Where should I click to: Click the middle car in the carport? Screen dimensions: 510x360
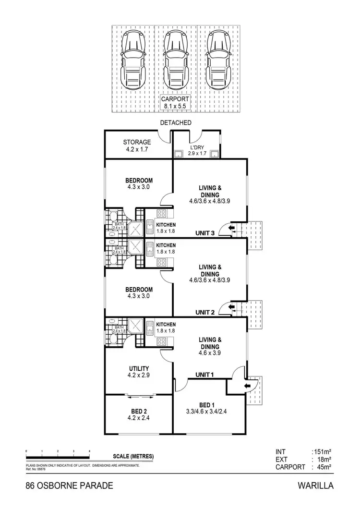176,61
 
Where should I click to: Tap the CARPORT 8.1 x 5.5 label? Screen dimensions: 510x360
176,102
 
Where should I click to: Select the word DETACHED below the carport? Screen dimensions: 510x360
176,123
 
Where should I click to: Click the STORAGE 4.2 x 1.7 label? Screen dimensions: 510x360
137,146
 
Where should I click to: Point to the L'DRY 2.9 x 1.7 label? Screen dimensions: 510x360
197,150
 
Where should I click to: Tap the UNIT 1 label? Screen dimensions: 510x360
206,374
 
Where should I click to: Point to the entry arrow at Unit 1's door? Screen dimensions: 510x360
248,385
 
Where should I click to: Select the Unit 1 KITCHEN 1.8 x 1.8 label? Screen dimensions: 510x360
166,328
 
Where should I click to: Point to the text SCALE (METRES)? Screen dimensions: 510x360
134,456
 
